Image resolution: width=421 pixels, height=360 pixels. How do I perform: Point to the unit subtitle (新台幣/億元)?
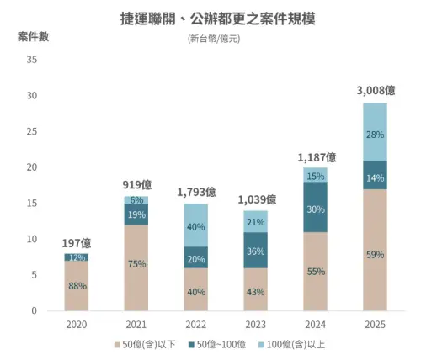tap(210, 39)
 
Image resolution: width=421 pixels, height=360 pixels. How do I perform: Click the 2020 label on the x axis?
tap(77, 325)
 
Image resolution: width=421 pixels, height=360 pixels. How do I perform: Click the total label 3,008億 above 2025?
tap(376, 90)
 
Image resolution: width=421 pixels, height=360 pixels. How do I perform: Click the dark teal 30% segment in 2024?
tap(314, 209)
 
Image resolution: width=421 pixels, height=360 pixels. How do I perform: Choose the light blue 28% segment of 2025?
tap(376, 134)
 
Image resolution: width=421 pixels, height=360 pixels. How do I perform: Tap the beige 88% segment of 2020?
tap(77, 286)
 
